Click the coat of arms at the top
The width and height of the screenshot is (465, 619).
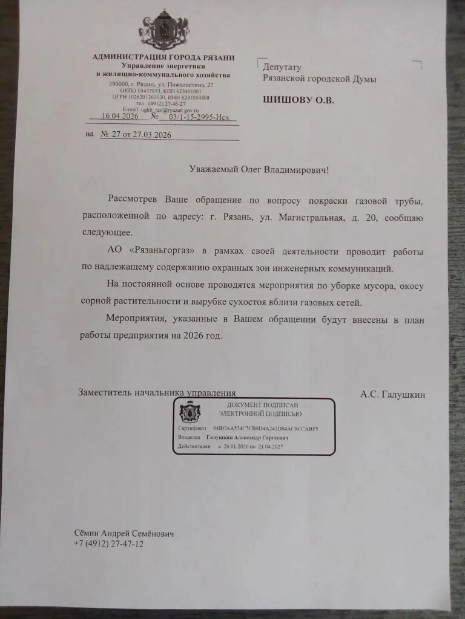click(x=164, y=31)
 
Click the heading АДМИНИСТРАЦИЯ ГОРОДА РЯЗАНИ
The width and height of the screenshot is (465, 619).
click(x=163, y=57)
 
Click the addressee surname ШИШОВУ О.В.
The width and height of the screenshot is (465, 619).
click(x=298, y=100)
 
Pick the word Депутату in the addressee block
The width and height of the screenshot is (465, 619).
click(x=282, y=68)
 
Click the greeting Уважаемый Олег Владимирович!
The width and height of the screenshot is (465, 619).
click(x=260, y=170)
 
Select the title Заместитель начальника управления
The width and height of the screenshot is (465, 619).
click(x=157, y=393)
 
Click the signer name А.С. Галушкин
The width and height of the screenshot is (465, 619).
click(x=392, y=395)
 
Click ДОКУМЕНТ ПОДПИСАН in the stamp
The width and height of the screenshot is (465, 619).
click(x=263, y=404)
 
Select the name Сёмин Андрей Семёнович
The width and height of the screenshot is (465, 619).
click(x=124, y=534)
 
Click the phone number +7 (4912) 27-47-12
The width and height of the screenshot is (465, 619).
click(x=108, y=544)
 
